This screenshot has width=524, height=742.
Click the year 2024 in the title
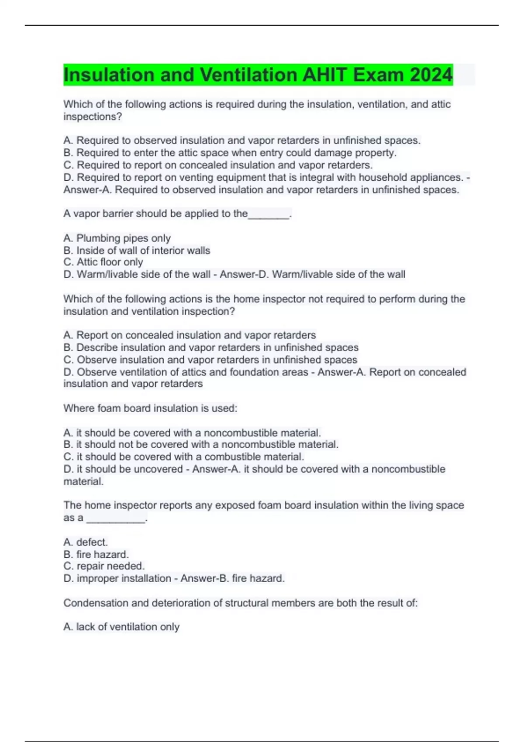pyautogui.click(x=431, y=75)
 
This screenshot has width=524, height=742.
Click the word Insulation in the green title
pyautogui.click(x=109, y=75)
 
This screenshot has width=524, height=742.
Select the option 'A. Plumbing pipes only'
pyautogui.click(x=117, y=238)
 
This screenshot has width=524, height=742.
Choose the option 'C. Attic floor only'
pyautogui.click(x=103, y=262)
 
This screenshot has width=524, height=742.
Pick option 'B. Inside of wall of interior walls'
pyautogui.click(x=137, y=250)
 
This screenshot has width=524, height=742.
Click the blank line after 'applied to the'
pyautogui.click(x=269, y=214)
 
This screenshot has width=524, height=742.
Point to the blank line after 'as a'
pyautogui.click(x=116, y=519)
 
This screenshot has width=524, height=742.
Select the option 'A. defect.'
pyautogui.click(x=86, y=542)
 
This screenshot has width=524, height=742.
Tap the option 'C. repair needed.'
pyautogui.click(x=104, y=566)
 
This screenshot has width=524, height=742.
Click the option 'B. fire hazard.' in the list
pyautogui.click(x=96, y=554)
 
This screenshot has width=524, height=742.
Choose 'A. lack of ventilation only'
pyautogui.click(x=121, y=627)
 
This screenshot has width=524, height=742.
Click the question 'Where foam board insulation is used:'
pyautogui.click(x=150, y=408)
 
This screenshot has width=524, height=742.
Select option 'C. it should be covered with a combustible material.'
pyautogui.click(x=184, y=457)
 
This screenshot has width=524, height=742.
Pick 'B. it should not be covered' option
pyautogui.click(x=201, y=444)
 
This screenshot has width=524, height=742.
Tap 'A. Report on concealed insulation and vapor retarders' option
pyautogui.click(x=190, y=335)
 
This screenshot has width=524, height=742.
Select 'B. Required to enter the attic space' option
pyautogui.click(x=230, y=153)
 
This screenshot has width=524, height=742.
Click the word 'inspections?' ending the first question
pyautogui.click(x=93, y=117)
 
